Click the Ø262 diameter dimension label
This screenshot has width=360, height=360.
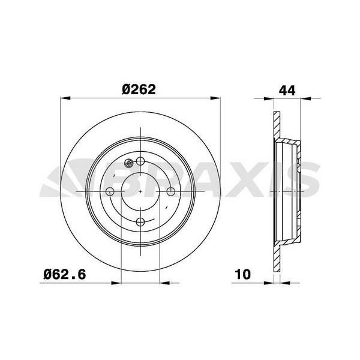coord(139,89)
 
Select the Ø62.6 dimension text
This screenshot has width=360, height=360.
coord(65,274)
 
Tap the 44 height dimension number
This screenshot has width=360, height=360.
coord(287,90)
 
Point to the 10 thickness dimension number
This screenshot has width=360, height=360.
coord(243,274)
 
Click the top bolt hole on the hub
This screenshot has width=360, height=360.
coord(140,161)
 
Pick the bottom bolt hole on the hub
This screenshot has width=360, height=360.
coord(140,222)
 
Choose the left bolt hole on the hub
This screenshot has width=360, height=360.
coord(110,191)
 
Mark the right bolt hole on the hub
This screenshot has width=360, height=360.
coord(170,191)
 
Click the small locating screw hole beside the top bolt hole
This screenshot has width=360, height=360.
coord(128,163)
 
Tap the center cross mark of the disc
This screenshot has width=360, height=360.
coord(140,191)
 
